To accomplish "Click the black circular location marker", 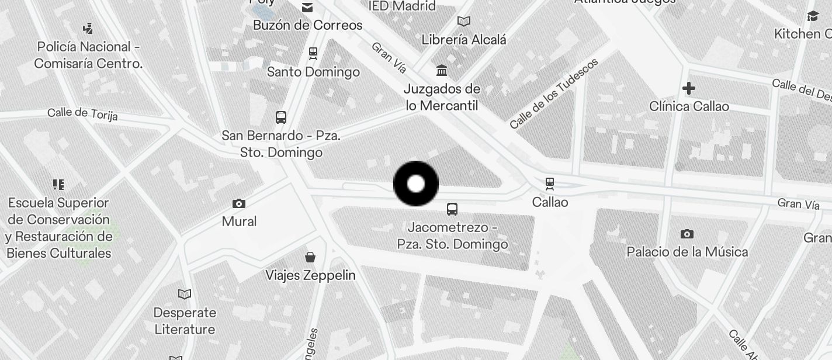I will (416, 184).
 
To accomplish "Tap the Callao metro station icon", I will (549, 184).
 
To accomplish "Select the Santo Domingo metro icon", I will (313, 54).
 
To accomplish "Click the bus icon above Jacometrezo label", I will (452, 209).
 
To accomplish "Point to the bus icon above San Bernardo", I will (281, 117).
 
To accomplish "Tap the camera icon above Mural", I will (238, 203).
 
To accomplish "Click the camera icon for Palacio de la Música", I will (687, 234).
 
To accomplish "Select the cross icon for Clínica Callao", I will (689, 88).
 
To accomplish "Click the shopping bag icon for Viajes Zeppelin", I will (310, 257).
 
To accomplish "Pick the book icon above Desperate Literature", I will (185, 294).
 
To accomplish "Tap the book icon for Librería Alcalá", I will (464, 22).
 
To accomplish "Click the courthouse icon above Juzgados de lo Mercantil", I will (442, 71).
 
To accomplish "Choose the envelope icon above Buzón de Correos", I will (307, 8).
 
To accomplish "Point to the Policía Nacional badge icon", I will (88, 28).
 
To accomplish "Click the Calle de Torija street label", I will (82, 113).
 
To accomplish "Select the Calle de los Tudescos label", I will (553, 94).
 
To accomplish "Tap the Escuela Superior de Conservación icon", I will (58, 185).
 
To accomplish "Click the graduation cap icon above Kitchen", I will (812, 16).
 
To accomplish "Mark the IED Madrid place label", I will (403, 6).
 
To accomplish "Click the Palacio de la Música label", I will (687, 252).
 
